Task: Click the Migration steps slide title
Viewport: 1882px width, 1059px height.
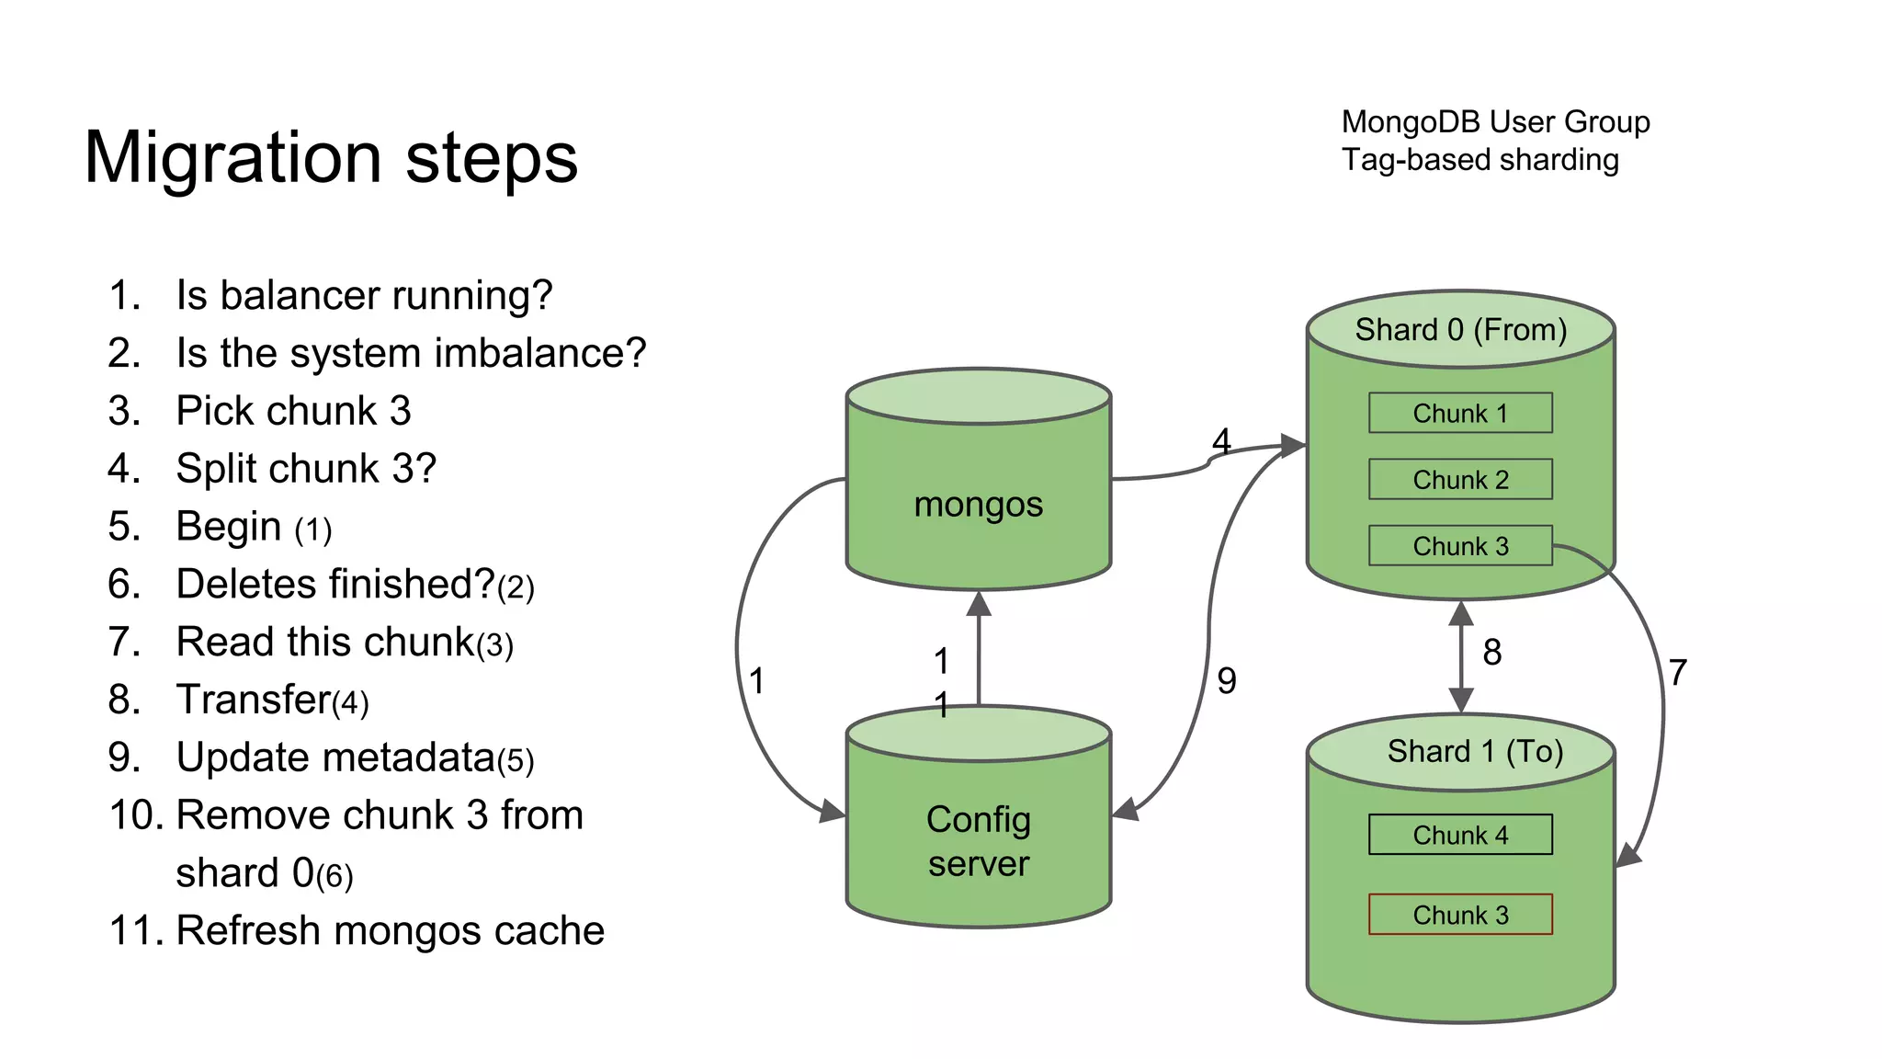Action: tap(331, 158)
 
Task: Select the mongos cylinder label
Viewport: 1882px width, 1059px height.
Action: tap(978, 505)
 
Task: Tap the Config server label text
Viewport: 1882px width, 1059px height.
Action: tap(978, 841)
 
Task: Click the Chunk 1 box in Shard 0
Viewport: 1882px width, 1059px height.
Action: tap(1459, 414)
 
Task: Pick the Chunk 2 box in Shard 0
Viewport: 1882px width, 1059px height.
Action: tap(1459, 480)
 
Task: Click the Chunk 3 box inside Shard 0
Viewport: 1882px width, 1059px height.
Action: tap(1459, 546)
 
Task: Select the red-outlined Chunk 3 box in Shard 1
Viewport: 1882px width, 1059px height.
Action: tap(1459, 915)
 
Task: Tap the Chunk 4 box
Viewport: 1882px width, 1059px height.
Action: tap(1459, 835)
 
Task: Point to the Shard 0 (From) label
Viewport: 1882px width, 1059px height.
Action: tap(1460, 330)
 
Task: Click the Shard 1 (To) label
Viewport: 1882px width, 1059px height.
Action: tap(1474, 752)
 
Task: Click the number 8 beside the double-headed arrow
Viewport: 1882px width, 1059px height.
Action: tap(1491, 653)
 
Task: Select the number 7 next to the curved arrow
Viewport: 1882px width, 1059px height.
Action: tap(1677, 673)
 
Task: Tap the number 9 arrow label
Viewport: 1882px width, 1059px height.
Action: tap(1226, 681)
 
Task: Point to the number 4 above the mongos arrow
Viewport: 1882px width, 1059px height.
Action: tap(1220, 441)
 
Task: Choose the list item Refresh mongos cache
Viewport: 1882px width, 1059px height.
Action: tap(390, 930)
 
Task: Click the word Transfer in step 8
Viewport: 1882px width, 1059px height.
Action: tap(253, 700)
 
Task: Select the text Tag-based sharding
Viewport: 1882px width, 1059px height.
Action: tap(1480, 160)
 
